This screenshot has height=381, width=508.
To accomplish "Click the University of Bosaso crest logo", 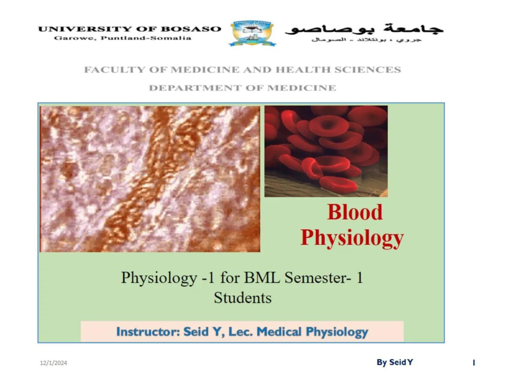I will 252,33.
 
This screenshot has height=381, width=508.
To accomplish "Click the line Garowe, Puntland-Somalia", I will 122,38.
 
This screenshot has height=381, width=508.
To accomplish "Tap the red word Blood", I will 355,212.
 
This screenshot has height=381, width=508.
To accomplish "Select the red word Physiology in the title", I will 352,237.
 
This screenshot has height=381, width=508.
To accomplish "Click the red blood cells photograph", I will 326,151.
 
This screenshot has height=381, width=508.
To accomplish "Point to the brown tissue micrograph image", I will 150,179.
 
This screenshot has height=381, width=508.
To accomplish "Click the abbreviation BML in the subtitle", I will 262,278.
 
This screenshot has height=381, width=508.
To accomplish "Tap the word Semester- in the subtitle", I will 318,278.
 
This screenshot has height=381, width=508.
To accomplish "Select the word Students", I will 243,298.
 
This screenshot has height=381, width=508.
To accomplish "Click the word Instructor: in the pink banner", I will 148,332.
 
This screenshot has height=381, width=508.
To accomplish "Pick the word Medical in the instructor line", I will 279,332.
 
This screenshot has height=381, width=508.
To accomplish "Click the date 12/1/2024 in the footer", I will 53,363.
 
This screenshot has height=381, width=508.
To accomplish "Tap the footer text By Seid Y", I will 395,362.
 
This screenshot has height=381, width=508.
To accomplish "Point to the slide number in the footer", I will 474,363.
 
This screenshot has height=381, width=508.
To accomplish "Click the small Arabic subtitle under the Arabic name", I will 366,40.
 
